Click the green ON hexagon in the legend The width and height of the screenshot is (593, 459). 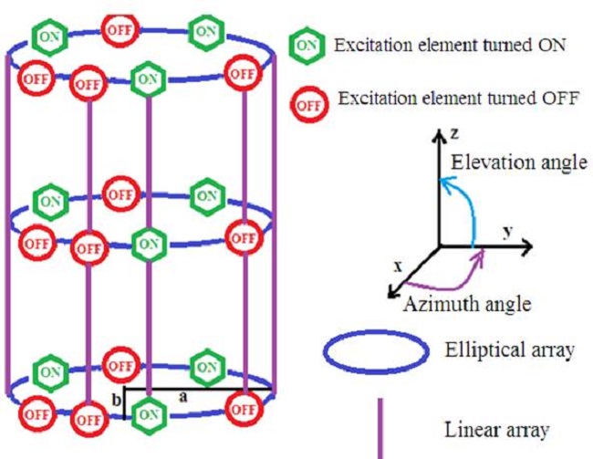click(307, 46)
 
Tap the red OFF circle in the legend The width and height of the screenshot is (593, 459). click(309, 105)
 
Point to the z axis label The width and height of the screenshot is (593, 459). click(454, 133)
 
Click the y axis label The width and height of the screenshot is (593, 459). click(508, 231)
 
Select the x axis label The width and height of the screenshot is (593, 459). click(398, 266)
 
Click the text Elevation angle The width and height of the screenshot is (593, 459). click(519, 162)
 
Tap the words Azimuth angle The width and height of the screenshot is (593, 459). click(467, 304)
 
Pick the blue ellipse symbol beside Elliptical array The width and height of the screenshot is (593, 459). click(376, 332)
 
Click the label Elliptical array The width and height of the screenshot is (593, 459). click(509, 349)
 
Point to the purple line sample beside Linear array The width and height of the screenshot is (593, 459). click(380, 428)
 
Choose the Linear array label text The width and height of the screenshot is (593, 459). click(496, 430)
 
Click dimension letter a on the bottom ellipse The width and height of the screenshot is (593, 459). click(183, 397)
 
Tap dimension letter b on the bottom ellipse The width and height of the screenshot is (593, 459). click(117, 400)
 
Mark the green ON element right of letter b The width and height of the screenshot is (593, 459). click(149, 415)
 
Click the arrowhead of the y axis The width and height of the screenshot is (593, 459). click(526, 246)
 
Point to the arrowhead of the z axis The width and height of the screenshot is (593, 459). click(439, 135)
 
